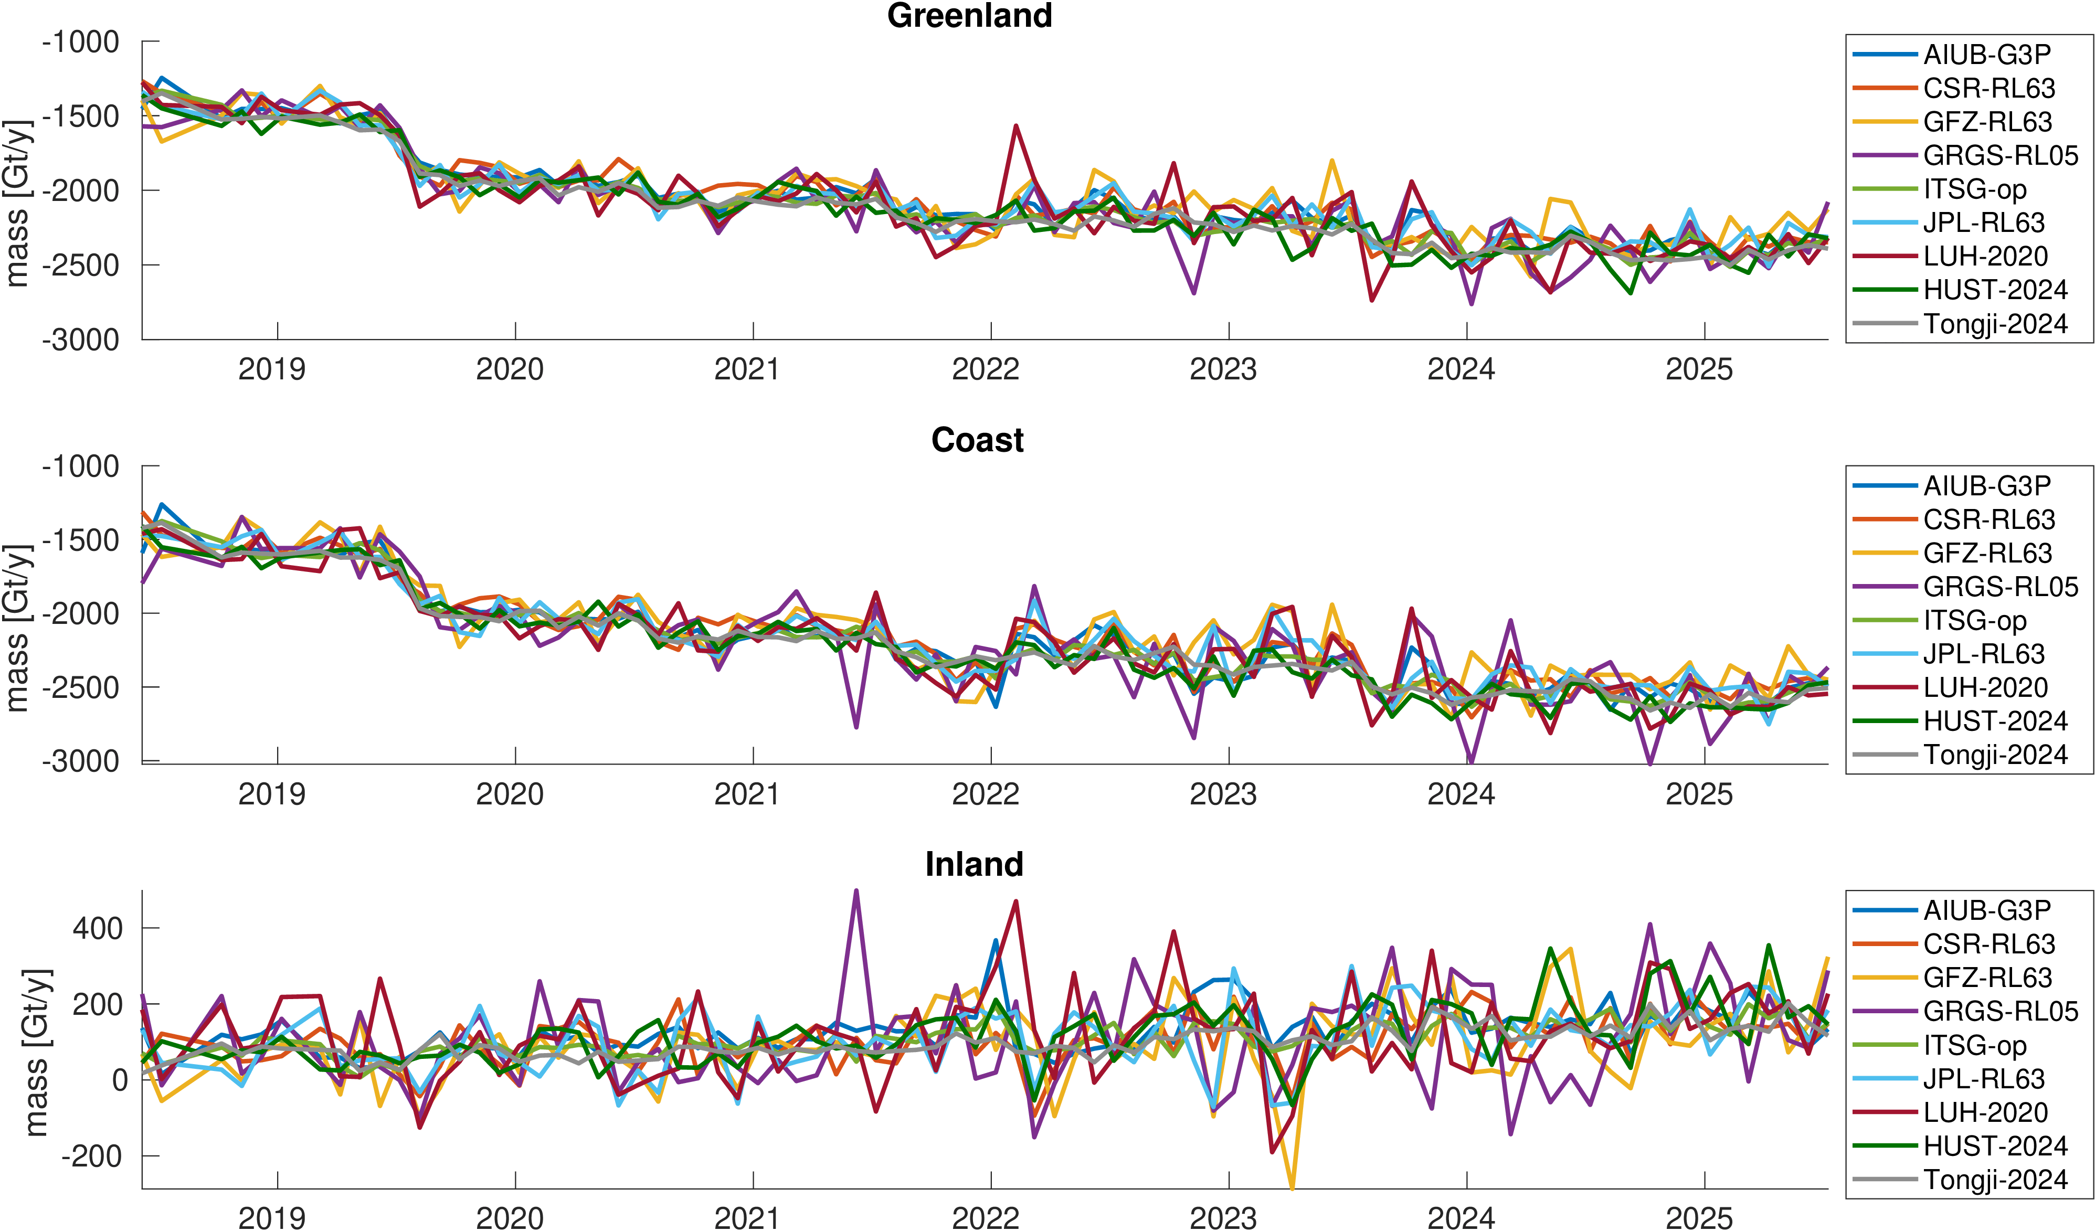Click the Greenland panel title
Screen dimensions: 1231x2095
pyautogui.click(x=969, y=16)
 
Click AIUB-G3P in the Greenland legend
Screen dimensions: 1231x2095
pyautogui.click(x=1987, y=55)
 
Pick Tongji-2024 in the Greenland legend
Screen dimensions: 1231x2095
pyautogui.click(x=1995, y=323)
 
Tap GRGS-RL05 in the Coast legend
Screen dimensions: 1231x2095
pyautogui.click(x=2000, y=587)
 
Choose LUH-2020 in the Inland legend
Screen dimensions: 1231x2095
pyautogui.click(x=1985, y=1112)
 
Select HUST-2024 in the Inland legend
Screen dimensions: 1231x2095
pyautogui.click(x=1995, y=1146)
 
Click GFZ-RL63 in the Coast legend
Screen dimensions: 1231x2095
pyautogui.click(x=1987, y=553)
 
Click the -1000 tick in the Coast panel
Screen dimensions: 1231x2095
pyautogui.click(x=81, y=466)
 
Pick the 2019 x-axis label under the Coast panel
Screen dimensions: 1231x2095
pyautogui.click(x=272, y=794)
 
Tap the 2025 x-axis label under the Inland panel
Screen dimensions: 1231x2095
pyautogui.click(x=1698, y=1218)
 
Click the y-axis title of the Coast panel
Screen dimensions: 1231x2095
pyautogui.click(x=18, y=628)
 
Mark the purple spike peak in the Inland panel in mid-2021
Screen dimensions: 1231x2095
pyautogui.click(x=856, y=891)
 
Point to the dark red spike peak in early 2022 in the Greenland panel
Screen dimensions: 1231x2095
pyautogui.click(x=1016, y=126)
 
